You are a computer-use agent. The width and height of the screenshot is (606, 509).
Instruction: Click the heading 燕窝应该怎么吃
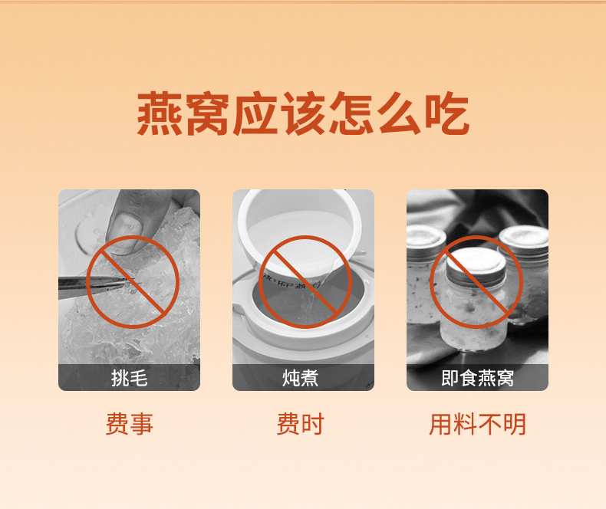pos(304,113)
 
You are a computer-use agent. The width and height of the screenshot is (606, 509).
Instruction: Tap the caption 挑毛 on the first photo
pos(129,378)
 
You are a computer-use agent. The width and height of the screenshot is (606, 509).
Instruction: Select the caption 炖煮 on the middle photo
pos(300,378)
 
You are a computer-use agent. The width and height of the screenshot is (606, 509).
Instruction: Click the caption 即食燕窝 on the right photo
pos(477,378)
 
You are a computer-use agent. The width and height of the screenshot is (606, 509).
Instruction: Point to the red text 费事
pos(130,424)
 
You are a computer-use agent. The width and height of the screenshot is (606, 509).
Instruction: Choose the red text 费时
pos(300,424)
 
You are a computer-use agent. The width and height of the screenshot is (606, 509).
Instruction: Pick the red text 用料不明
pos(477,424)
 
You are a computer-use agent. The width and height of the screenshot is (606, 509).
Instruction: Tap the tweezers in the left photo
pos(97,284)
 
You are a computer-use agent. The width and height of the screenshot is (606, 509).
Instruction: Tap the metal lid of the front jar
pos(476,268)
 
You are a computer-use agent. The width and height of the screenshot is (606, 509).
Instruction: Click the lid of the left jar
pos(426,241)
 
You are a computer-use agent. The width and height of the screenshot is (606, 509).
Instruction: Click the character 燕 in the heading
pos(160,113)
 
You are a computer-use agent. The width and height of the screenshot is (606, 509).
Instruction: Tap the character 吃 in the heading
pos(447,113)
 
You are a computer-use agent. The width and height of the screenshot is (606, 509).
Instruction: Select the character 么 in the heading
pos(400,113)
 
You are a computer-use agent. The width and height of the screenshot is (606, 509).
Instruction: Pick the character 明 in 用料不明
pos(515,424)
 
